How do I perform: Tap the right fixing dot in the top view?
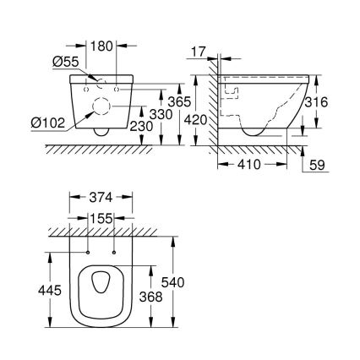tap(113, 250)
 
